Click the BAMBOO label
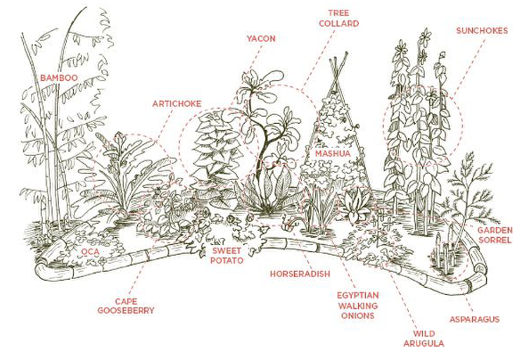(x=59, y=78)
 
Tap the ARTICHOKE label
(x=176, y=103)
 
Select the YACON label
(x=261, y=38)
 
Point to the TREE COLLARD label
(x=339, y=19)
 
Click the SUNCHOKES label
(x=482, y=30)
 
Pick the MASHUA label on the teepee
(x=332, y=153)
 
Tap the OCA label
(x=90, y=252)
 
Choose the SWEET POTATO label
(x=227, y=256)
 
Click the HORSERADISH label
(x=300, y=274)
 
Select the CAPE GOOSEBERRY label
(x=126, y=307)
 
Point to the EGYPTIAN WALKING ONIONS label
(x=358, y=306)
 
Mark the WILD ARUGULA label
(x=424, y=339)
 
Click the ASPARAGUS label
(x=475, y=319)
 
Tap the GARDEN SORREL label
(x=495, y=235)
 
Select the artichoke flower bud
(x=118, y=140)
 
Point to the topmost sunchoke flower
(x=425, y=36)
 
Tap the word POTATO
(x=227, y=260)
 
